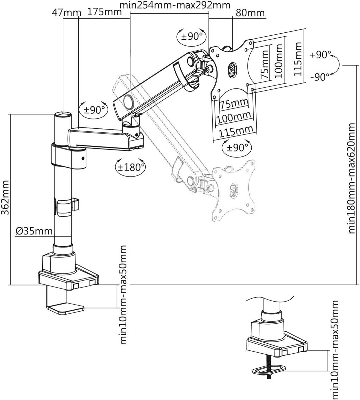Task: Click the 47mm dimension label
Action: [x=67, y=13]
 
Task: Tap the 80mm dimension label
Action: [x=250, y=13]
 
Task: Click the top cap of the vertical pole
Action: [x=63, y=115]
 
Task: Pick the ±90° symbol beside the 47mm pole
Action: [x=94, y=109]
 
